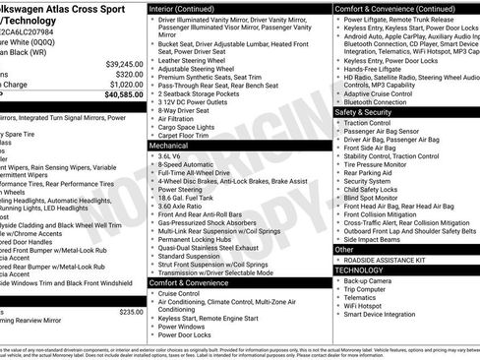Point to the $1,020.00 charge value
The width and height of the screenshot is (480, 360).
point(124,84)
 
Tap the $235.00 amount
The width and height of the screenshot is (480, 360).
point(131,312)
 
